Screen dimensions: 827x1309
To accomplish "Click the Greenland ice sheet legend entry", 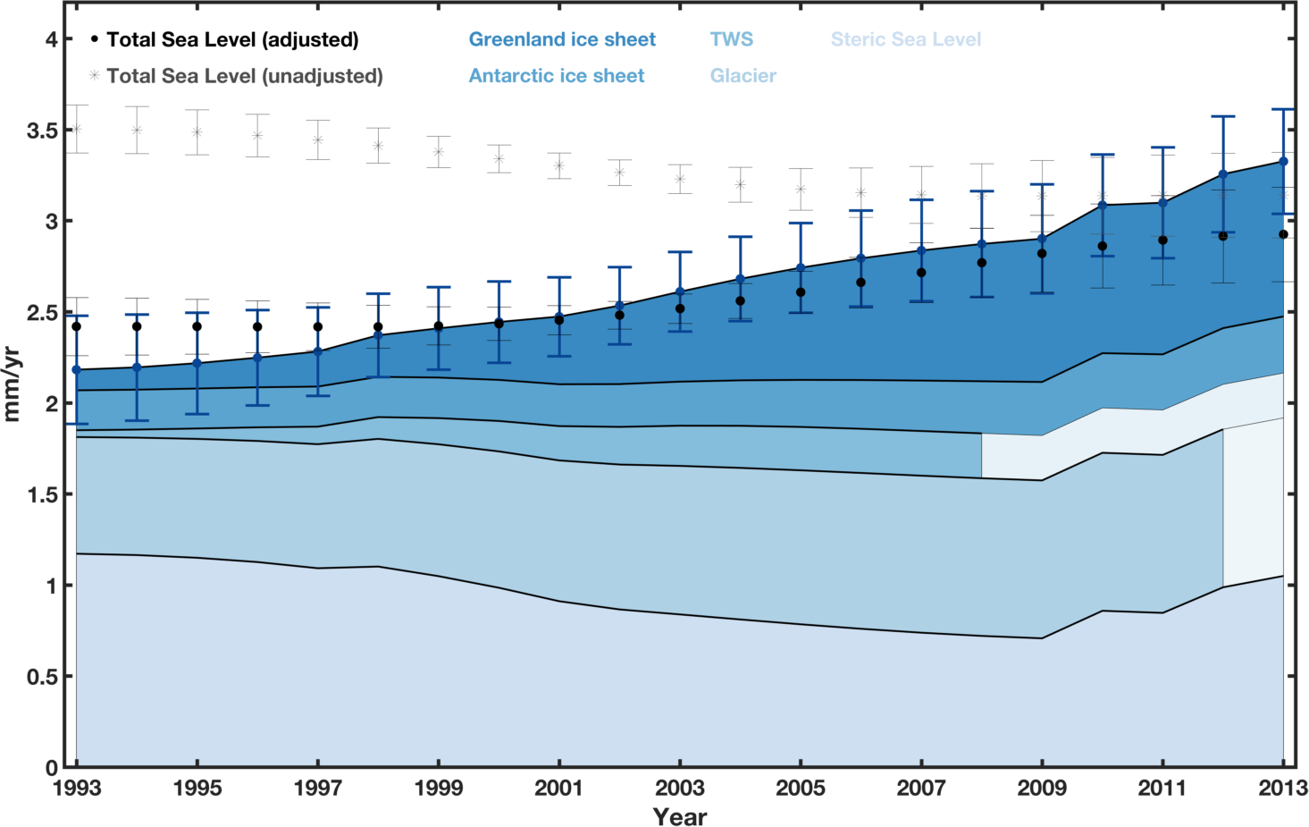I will pyautogui.click(x=562, y=39).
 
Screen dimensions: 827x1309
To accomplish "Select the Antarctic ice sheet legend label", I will pyautogui.click(x=556, y=76).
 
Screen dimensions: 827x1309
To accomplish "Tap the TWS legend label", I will pyautogui.click(x=731, y=39).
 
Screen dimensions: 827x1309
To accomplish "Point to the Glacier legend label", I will pyautogui.click(x=743, y=76).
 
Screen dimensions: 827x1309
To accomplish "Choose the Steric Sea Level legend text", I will pyautogui.click(x=905, y=39).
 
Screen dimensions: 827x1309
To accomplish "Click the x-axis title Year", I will pyautogui.click(x=679, y=816).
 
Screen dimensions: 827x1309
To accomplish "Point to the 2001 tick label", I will pyautogui.click(x=559, y=789).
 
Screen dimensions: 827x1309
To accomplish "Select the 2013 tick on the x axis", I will pyautogui.click(x=1284, y=789).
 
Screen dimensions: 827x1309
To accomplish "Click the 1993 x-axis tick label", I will pyautogui.click(x=77, y=789).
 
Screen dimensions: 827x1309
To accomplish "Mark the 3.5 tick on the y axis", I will pyautogui.click(x=42, y=131).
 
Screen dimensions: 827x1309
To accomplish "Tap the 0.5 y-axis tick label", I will pyautogui.click(x=42, y=677).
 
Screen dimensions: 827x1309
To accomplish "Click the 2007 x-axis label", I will pyautogui.click(x=921, y=789).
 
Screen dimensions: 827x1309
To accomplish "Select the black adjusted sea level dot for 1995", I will pyautogui.click(x=197, y=326).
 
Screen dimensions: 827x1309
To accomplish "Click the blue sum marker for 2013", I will pyautogui.click(x=1284, y=162).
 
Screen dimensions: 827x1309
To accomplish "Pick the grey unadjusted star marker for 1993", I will pyautogui.click(x=76, y=129).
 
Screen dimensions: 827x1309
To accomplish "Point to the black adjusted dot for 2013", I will pyautogui.click(x=1283, y=234).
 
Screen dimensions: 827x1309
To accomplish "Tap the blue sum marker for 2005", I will pyautogui.click(x=801, y=267).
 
